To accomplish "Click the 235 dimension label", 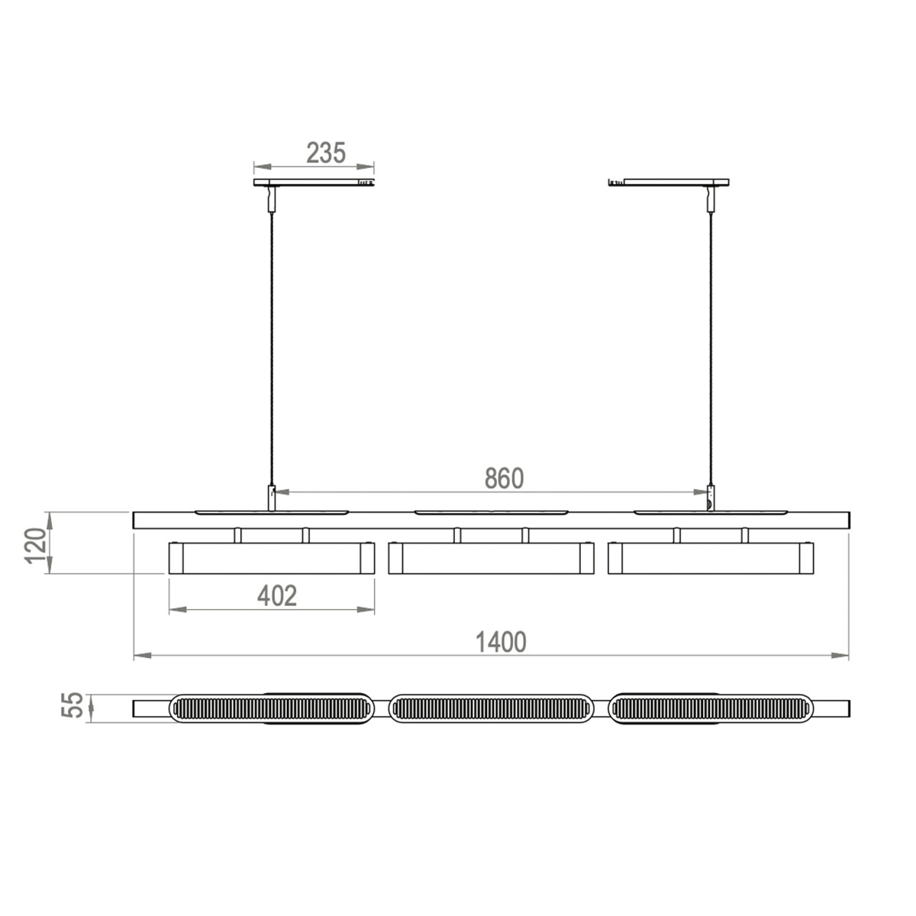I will pyautogui.click(x=326, y=153).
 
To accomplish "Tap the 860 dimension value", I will pyautogui.click(x=504, y=479).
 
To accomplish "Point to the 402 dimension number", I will pyautogui.click(x=276, y=595).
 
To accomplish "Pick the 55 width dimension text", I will pyautogui.click(x=71, y=705).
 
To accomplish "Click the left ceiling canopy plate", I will pyautogui.click(x=313, y=182).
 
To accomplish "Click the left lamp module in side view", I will pyautogui.click(x=272, y=558).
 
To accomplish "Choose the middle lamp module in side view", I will pyautogui.click(x=491, y=558).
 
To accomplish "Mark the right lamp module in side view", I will pyautogui.click(x=711, y=558).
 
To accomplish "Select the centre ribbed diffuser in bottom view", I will pyautogui.click(x=492, y=708).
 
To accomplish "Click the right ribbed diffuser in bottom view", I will pyautogui.click(x=711, y=708).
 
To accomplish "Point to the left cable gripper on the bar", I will pyautogui.click(x=270, y=497).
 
